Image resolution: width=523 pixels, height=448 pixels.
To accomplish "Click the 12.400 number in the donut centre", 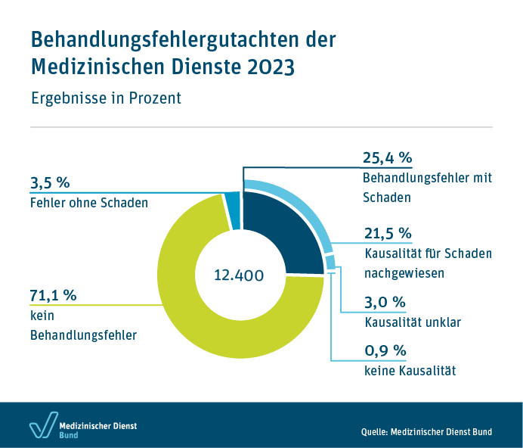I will pos(239,275).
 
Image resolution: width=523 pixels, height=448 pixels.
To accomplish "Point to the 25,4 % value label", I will pos(388,158).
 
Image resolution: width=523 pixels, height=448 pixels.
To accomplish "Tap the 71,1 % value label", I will pos(54,295).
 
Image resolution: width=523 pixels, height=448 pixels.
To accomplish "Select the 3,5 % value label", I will pos(50,182).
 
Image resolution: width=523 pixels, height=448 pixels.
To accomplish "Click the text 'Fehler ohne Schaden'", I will pos(89,203).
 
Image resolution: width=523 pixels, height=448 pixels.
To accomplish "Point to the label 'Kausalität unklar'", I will pos(413,322).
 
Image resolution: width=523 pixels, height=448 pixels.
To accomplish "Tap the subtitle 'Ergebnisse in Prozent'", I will pos(106,98).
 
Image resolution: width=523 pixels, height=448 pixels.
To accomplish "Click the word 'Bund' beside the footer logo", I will pos(70,436).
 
